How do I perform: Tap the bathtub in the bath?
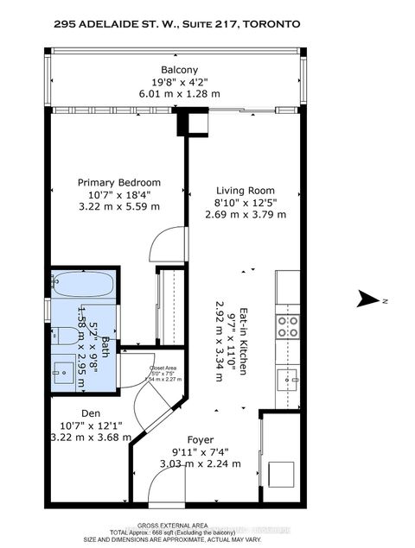pyautogui.click(x=80, y=282)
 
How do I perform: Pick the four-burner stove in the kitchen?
pyautogui.click(x=287, y=325)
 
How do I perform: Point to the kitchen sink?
pyautogui.click(x=288, y=377)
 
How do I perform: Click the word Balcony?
pyautogui.click(x=179, y=70)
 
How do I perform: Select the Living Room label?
pyautogui.click(x=246, y=191)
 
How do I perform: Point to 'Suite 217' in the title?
pyautogui.click(x=213, y=25)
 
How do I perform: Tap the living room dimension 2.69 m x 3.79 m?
pyautogui.click(x=246, y=216)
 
